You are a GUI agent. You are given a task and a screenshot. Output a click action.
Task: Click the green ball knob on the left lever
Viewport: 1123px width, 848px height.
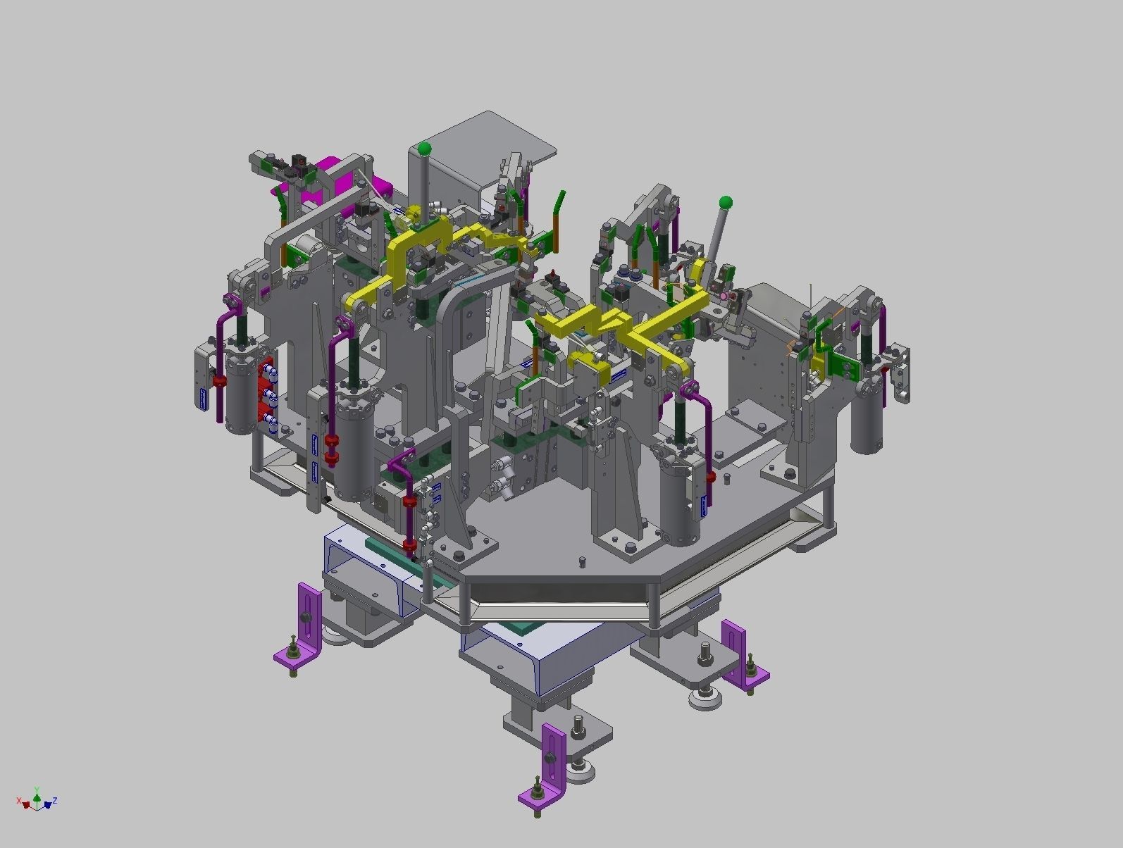tap(424, 149)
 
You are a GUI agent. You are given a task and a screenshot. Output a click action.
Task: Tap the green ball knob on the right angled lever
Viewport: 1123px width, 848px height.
tap(726, 204)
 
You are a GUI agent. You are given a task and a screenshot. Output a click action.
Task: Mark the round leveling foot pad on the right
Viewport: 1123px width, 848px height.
tap(705, 699)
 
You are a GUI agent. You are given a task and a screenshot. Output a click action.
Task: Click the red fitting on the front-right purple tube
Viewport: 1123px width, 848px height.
tap(711, 478)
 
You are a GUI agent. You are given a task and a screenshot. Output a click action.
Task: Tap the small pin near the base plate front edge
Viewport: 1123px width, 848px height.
tap(582, 562)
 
